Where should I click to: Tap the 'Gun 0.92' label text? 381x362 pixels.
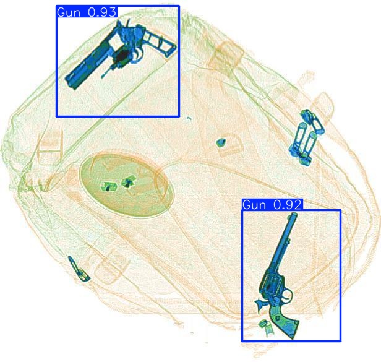point(272,205)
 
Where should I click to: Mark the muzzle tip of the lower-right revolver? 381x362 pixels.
point(290,217)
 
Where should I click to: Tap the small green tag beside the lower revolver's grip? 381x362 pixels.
point(265,327)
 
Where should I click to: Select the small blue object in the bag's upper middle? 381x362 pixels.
point(220,142)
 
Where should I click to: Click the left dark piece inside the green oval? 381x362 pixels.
point(109,186)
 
